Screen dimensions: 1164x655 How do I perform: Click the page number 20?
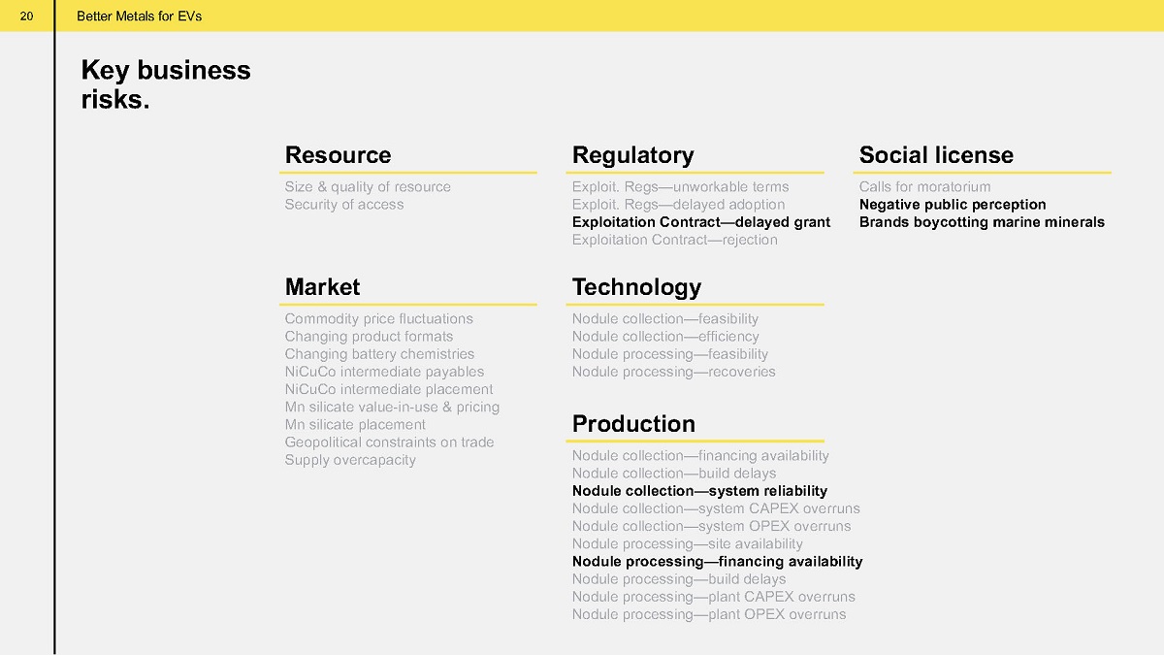coord(26,16)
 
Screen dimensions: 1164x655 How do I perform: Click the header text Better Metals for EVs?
coord(140,16)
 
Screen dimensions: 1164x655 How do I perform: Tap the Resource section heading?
coord(338,155)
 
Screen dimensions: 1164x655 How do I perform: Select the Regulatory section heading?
coord(632,156)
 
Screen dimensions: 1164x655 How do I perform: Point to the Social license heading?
coord(936,155)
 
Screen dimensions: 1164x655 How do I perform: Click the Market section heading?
coord(322,287)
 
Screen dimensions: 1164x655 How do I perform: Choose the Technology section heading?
coord(636,288)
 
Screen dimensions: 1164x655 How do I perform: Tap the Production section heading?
coord(633,424)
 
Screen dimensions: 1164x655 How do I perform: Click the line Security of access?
coord(344,205)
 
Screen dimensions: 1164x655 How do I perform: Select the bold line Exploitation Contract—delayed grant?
coord(701,222)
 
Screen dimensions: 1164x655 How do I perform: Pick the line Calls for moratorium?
coord(925,186)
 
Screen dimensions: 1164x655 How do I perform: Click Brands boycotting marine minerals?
coord(982,222)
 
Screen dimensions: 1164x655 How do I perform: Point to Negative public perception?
coord(953,205)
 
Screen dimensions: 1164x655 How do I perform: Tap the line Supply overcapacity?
coord(350,461)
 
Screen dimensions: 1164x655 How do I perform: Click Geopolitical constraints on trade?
coord(389,442)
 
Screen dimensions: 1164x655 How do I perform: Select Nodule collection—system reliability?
coord(699,491)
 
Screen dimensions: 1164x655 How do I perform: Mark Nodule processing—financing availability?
coord(717,562)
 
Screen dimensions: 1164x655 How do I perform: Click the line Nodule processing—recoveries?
coord(673,373)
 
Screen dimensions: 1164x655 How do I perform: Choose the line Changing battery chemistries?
coord(379,354)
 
